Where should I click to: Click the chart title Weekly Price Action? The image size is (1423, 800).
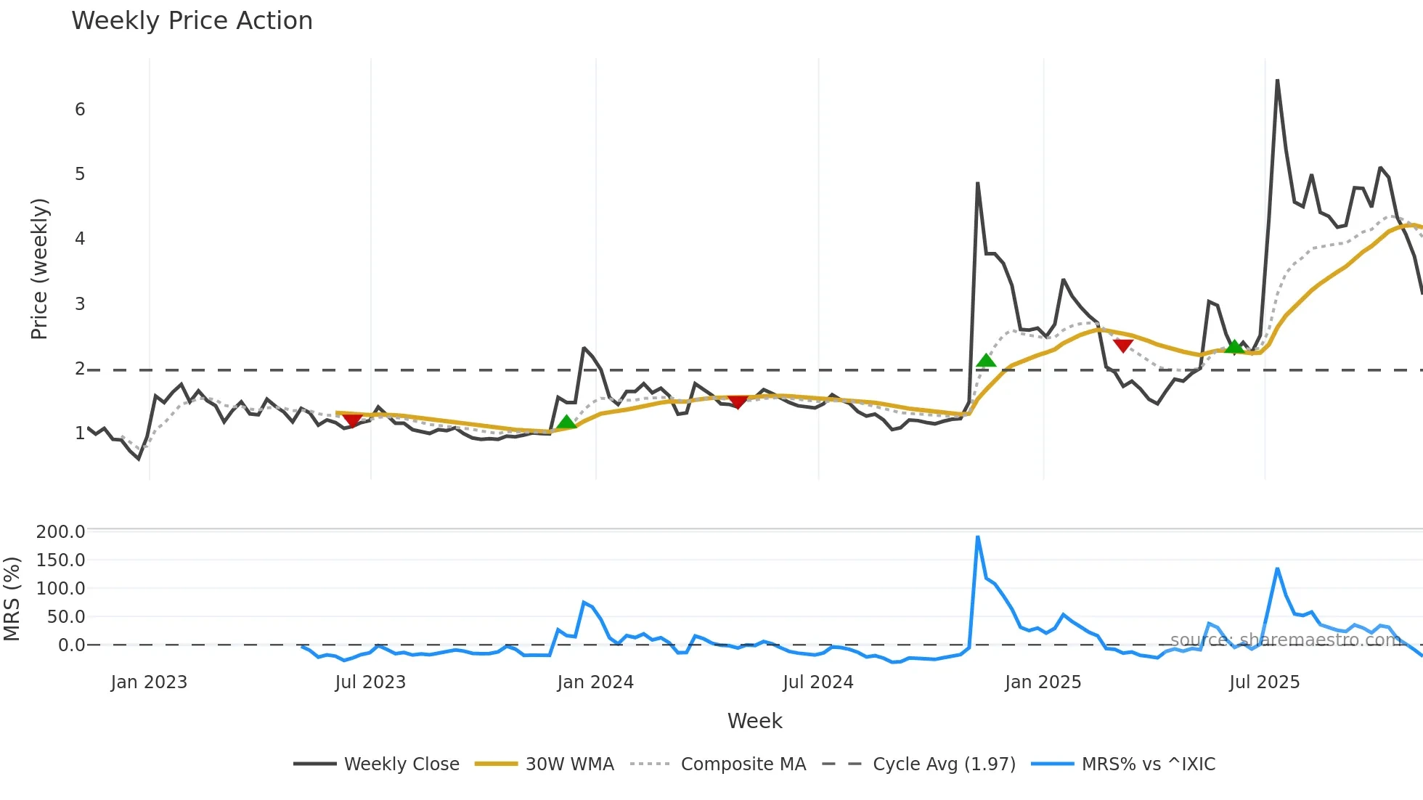click(x=192, y=21)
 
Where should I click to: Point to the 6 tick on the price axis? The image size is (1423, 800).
click(x=80, y=110)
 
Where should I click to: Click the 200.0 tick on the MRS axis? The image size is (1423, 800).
click(x=61, y=532)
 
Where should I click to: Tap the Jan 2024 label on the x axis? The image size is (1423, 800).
click(x=595, y=682)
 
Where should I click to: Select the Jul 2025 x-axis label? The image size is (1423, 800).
click(x=1264, y=682)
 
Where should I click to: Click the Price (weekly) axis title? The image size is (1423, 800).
click(x=39, y=269)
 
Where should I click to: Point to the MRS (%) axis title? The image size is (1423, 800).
click(x=12, y=599)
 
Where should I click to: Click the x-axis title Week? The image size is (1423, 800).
click(x=754, y=721)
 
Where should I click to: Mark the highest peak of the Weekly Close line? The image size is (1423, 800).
click(x=1277, y=81)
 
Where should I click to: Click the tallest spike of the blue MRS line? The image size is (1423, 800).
click(x=978, y=537)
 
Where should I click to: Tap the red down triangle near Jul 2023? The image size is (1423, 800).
click(x=352, y=420)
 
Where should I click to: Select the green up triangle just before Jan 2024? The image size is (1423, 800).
click(x=566, y=422)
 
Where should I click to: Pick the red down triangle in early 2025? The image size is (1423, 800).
click(x=1123, y=346)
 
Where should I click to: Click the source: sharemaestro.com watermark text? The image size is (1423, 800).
click(x=1285, y=640)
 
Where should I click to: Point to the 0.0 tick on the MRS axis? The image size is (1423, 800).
click(x=71, y=645)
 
